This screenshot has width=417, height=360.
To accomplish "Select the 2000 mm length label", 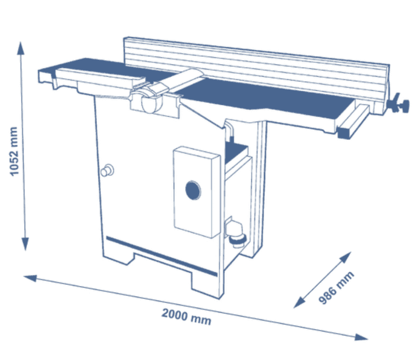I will pos(186,316).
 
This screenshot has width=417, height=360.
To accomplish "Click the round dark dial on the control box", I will pos(193,190).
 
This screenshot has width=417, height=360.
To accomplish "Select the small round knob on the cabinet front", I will pos(107,170).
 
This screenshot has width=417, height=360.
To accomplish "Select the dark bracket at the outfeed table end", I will pos(346,128).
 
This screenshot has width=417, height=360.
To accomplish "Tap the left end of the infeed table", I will pos(46,76).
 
